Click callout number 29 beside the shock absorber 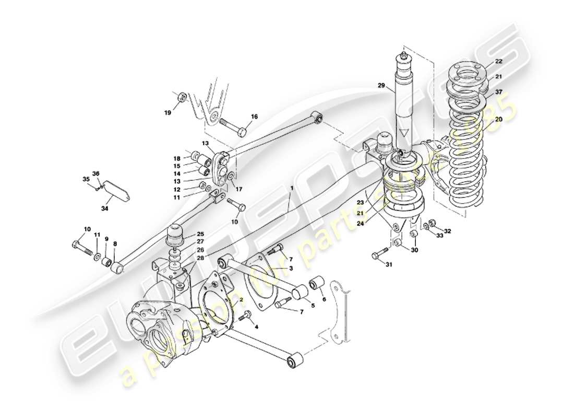381,85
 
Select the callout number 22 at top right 498,61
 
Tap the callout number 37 498,92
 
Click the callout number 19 168,112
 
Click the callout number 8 115,243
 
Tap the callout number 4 256,327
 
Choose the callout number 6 324,299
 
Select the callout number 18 177,158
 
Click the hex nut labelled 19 182,97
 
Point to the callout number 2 241,300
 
